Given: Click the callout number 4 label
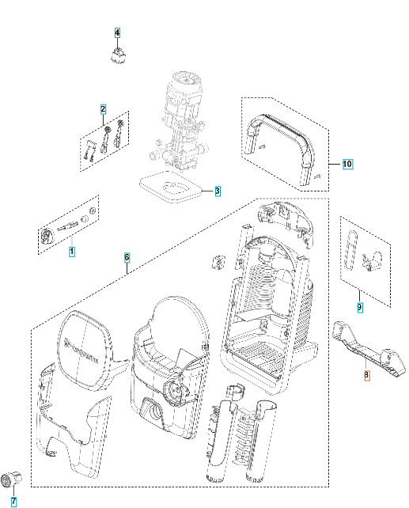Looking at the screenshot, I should click(117, 32).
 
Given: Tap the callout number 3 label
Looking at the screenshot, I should click(218, 191).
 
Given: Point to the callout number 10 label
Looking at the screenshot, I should click(347, 164).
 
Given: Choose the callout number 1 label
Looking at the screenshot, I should click(72, 252).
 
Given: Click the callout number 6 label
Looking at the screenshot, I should click(127, 258).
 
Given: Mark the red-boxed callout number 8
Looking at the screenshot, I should click(366, 377).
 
